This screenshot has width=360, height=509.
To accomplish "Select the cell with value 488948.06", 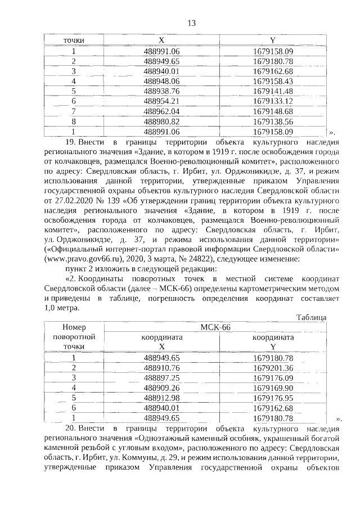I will click(x=161, y=81).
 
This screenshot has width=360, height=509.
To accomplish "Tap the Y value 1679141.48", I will click(x=273, y=91).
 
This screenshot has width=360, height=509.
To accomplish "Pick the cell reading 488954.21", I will click(x=161, y=101).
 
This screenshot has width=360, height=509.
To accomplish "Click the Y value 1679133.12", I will click(x=273, y=101).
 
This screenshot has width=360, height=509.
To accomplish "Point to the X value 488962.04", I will click(x=161, y=111).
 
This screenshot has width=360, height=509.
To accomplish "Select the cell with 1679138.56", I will click(x=273, y=121).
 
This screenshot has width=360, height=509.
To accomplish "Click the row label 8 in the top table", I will click(x=74, y=121).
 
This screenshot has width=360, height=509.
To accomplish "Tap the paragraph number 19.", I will click(x=71, y=141).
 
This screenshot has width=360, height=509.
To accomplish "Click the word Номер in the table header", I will click(x=74, y=327).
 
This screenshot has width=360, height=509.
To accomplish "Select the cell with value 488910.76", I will click(x=161, y=367).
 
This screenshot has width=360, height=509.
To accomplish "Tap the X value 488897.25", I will click(x=161, y=377).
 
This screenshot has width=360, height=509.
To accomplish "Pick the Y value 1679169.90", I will click(x=273, y=388).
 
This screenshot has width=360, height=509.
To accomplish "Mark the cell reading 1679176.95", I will click(x=273, y=398).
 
